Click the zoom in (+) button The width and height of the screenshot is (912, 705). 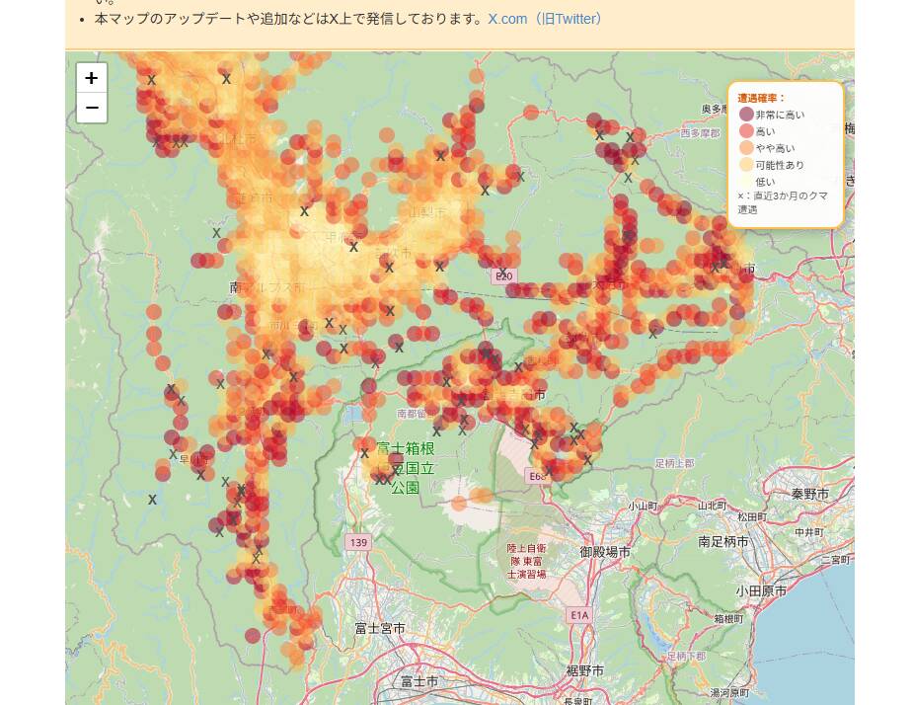[x=91, y=78]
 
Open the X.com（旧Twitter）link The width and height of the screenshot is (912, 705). [x=545, y=19]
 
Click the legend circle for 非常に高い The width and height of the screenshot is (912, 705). [x=746, y=115]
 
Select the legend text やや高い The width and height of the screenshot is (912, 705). [x=774, y=148]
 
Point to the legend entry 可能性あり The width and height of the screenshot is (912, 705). [x=779, y=165]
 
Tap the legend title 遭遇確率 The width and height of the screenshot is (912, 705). [x=761, y=98]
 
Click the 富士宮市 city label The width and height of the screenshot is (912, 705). [x=380, y=628]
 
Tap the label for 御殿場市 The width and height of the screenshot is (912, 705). [x=605, y=552]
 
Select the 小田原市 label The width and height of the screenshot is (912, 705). [x=761, y=590]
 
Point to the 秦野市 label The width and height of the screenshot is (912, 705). [x=816, y=494]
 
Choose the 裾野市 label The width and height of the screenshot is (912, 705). [x=584, y=671]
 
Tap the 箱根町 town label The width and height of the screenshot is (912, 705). [x=727, y=618]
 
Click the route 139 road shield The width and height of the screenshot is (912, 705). [x=357, y=542]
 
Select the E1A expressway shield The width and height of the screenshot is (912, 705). [x=578, y=615]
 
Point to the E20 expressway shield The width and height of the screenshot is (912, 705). [x=504, y=276]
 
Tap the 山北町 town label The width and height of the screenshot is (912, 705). [x=711, y=505]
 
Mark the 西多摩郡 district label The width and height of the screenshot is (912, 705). [x=700, y=132]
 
